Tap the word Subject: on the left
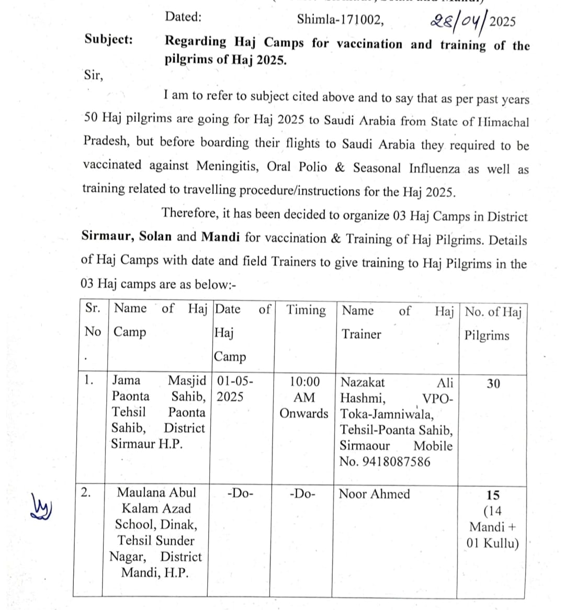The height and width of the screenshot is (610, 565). tap(109, 39)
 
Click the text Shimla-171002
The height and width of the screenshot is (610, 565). tap(340, 20)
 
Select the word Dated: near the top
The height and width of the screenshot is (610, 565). tap(183, 17)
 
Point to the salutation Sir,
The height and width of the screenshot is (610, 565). tap(94, 75)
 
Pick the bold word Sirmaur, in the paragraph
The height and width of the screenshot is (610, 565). tap(108, 236)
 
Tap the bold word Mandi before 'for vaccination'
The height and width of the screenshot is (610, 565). tap(221, 236)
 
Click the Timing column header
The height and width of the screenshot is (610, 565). tap(306, 310)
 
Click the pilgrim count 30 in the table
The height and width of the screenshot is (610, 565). tap(493, 383)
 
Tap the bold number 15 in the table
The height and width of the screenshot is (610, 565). tap(493, 494)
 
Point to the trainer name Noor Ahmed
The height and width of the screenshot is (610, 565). tap(375, 494)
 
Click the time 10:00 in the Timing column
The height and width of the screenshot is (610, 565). tap(304, 381)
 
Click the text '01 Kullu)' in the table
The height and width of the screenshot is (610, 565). tap(493, 543)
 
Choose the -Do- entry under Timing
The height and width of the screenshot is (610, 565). tap(302, 494)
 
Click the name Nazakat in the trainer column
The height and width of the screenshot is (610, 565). tap(363, 382)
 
